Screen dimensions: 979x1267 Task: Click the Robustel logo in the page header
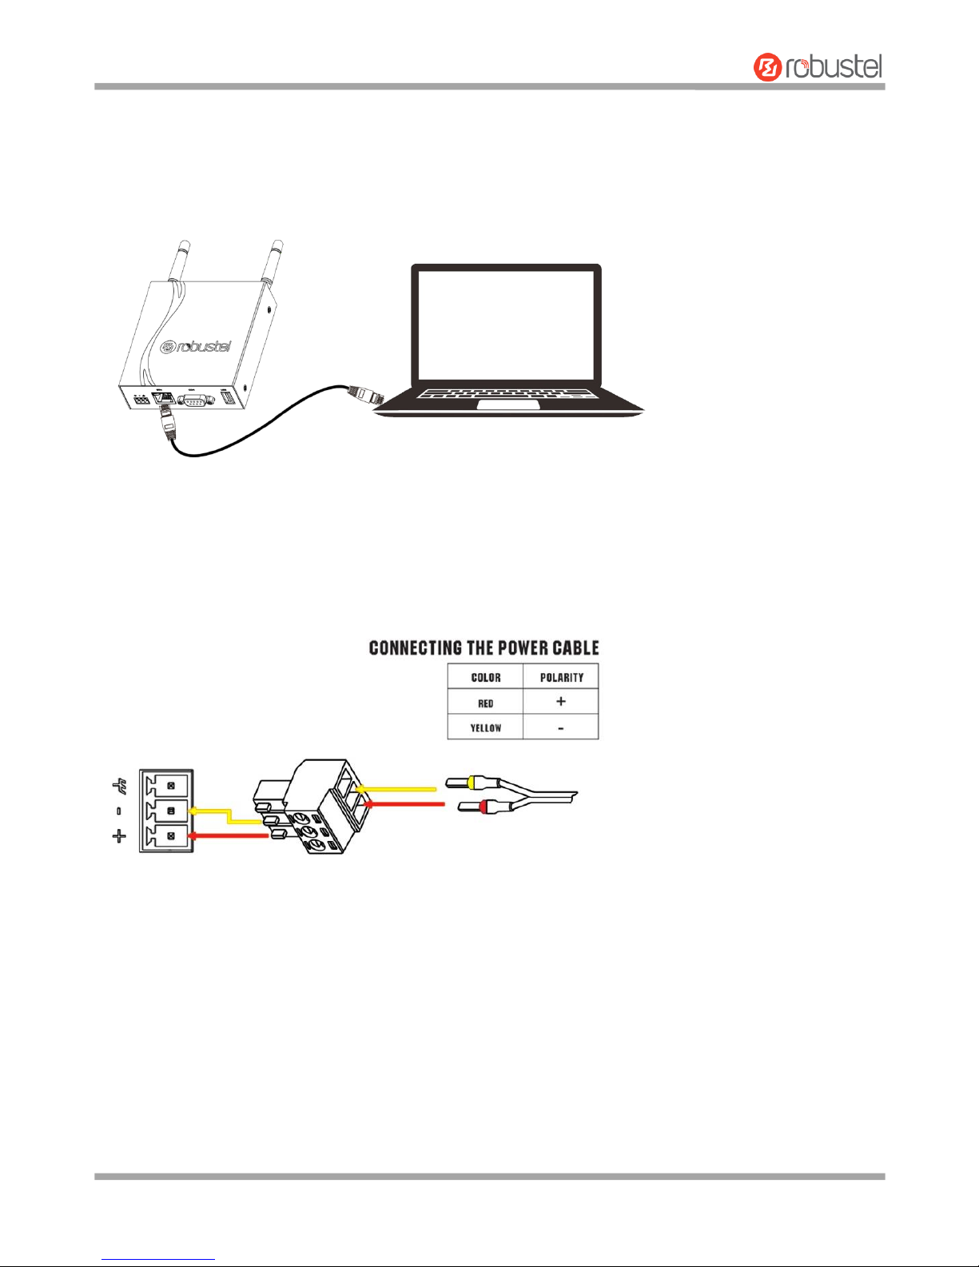click(x=818, y=66)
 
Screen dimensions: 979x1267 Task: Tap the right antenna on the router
click(x=276, y=260)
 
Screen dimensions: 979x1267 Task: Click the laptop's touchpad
click(x=507, y=405)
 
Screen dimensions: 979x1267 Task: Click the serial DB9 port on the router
click(x=193, y=399)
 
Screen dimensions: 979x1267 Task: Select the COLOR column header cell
click(x=485, y=677)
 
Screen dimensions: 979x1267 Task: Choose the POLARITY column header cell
click(x=561, y=677)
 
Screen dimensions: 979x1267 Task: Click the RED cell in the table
click(x=485, y=703)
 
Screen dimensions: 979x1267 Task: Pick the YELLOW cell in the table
click(x=485, y=727)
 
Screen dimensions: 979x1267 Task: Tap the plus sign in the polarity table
click(x=561, y=702)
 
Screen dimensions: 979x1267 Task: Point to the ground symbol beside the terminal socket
click(x=120, y=789)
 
